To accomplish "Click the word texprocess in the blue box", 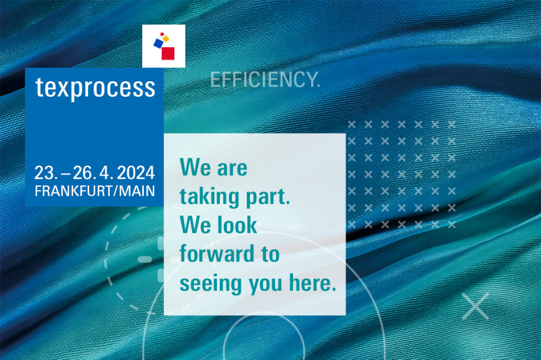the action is point(95,89).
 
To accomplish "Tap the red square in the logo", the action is point(168,54).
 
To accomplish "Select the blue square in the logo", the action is point(158,43).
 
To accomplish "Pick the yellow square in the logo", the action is point(166,39).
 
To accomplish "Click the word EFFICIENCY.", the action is point(265,79).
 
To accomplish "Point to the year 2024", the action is point(136,173).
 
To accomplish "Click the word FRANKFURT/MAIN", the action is point(95,191).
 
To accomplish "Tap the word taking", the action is point(209,197).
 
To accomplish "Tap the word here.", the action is point(313,283).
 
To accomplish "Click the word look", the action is point(237,225).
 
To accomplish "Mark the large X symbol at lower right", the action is point(475,306).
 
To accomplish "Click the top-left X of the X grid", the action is point(352,124).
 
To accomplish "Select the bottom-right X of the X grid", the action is point(452,225).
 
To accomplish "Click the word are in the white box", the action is point(232,168).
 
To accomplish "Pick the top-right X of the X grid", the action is point(452,124).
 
